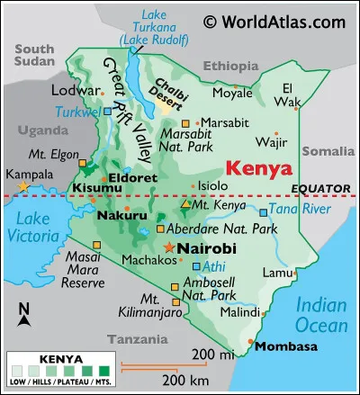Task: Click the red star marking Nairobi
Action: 168,247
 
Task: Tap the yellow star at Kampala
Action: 24,186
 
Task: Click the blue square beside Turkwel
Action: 108,112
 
